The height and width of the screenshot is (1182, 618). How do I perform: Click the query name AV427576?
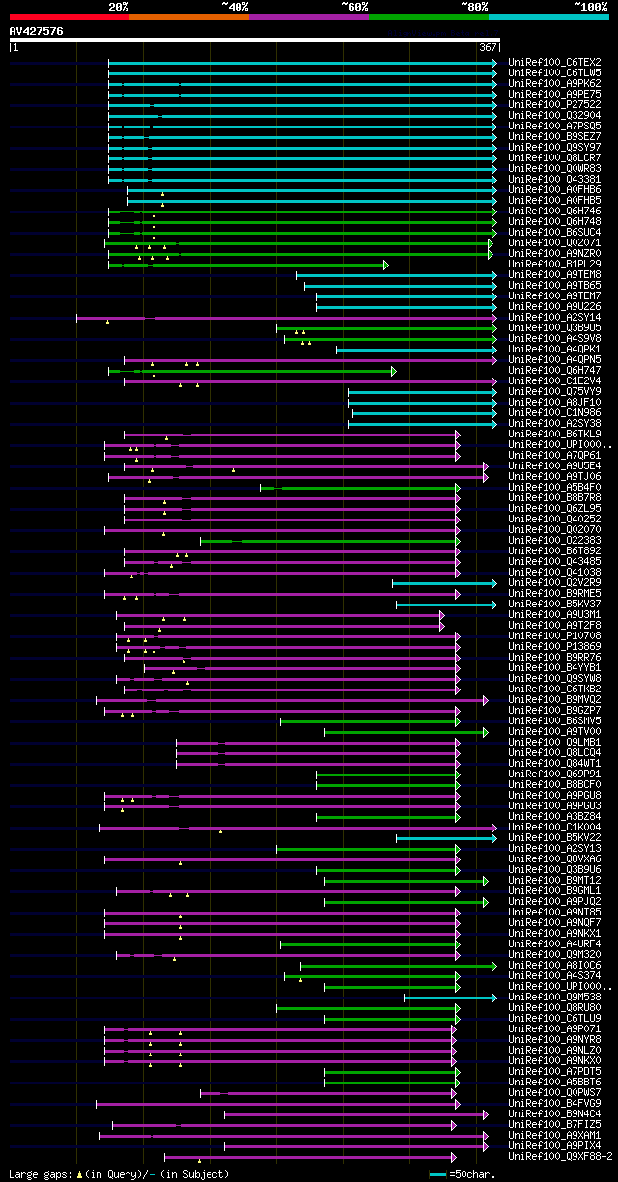point(37,31)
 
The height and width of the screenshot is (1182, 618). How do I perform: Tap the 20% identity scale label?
point(118,6)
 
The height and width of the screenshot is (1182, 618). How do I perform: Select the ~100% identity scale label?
point(589,6)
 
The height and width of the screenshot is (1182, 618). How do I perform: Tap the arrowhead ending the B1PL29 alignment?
point(385,264)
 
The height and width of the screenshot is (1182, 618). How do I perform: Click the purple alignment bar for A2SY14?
point(290,317)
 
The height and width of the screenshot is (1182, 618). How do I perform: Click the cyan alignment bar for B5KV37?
point(444,604)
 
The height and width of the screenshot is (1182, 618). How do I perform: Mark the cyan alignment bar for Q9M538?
point(448,997)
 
